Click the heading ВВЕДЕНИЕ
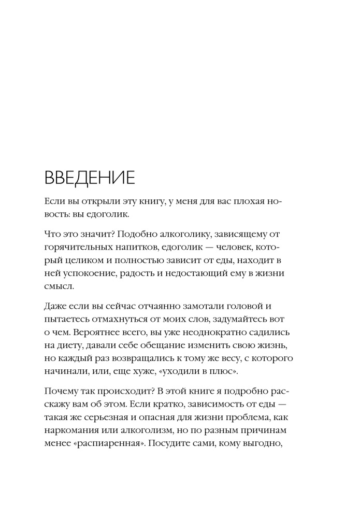pos(90,177)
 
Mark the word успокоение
pos(89,272)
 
